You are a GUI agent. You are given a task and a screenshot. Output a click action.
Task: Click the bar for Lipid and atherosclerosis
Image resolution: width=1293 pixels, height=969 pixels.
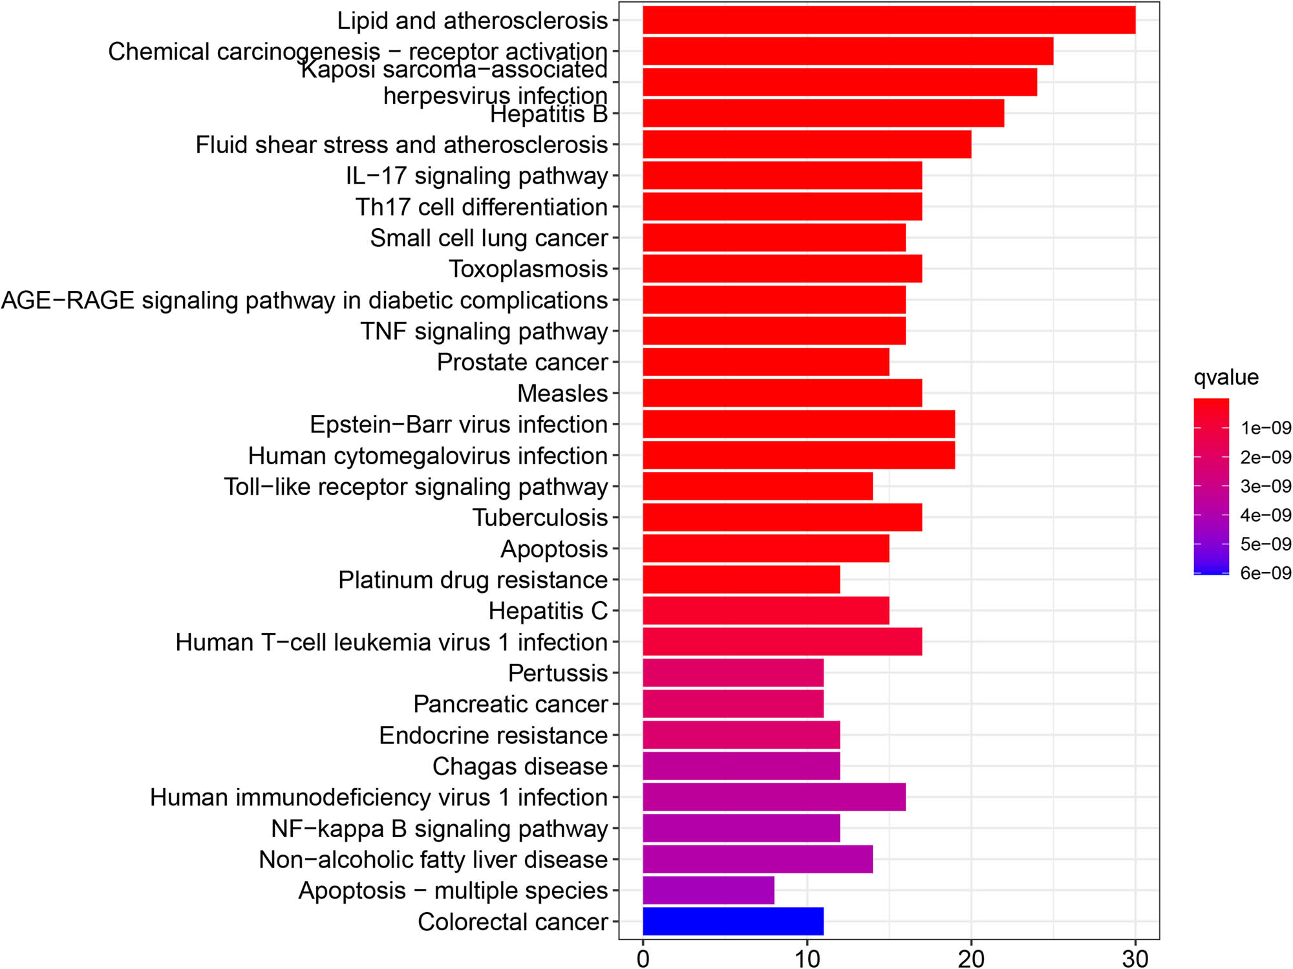889,20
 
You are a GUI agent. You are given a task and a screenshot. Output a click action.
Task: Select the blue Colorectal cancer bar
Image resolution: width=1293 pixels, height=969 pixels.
733,921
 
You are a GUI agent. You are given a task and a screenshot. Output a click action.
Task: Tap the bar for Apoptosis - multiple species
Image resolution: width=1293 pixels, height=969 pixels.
709,890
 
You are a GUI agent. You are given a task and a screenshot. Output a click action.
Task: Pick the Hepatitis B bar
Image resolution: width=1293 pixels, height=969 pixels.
823,113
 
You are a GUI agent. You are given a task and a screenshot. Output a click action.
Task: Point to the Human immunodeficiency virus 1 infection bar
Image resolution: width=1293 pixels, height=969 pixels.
774,797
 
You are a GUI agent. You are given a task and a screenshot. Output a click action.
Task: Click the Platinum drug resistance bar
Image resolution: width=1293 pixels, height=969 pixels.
741,580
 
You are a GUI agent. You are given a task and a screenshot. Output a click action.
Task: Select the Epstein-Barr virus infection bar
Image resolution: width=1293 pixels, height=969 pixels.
798,425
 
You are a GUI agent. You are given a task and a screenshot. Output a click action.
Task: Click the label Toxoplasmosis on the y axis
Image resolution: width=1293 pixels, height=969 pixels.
528,269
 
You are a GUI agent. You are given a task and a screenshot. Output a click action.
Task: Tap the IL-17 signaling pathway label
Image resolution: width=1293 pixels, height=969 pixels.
477,176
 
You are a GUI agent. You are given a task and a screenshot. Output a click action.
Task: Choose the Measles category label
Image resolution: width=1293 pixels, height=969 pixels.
562,393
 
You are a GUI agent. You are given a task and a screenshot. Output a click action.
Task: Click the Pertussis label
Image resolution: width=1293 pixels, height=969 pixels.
558,673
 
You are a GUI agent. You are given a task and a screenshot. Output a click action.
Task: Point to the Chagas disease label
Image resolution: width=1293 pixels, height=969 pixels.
520,766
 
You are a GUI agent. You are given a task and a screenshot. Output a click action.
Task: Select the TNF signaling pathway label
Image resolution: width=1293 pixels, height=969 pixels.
484,331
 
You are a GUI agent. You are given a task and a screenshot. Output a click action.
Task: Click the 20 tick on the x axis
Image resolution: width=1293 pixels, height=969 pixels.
971,957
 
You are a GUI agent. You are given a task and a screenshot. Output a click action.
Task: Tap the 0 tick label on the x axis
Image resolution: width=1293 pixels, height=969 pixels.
643,957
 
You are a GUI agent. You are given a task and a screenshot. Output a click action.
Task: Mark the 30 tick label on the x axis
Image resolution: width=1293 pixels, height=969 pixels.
1135,957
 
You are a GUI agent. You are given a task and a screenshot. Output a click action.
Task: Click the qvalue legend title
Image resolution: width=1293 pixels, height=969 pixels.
1226,377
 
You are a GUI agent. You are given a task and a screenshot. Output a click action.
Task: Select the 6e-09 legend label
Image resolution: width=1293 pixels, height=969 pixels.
1265,573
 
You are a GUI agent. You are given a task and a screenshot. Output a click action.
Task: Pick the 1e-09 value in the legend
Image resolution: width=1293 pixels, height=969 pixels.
1265,428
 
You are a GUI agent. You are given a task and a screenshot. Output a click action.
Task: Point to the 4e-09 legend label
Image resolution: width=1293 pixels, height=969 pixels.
1265,515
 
